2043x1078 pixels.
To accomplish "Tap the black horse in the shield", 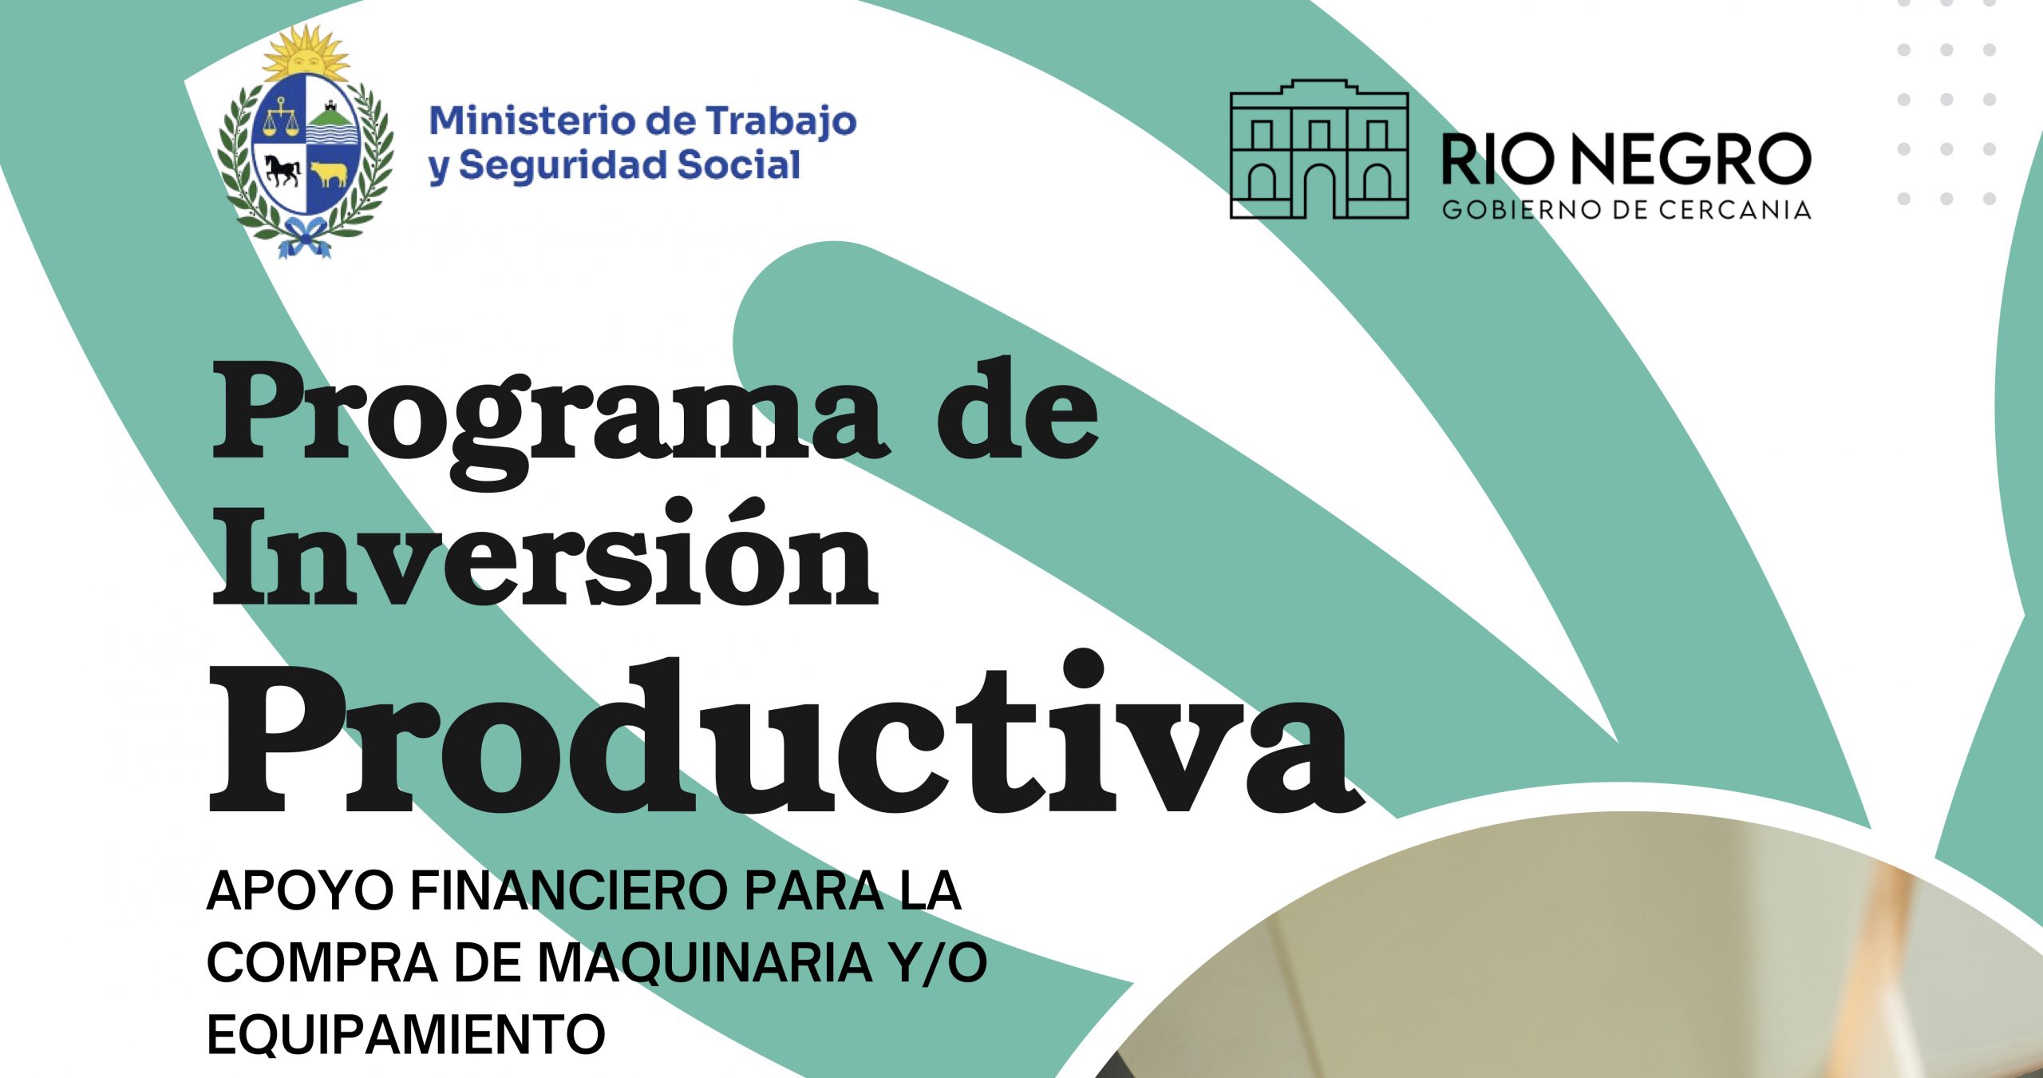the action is pyautogui.click(x=283, y=169).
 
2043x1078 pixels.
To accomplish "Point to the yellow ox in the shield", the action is pyautogui.click(x=329, y=174).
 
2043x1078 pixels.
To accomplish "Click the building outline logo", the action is pyautogui.click(x=1319, y=149).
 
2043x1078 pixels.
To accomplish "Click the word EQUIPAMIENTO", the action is pyautogui.click(x=406, y=1035).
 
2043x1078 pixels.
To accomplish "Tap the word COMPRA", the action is pyautogui.click(x=322, y=963).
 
